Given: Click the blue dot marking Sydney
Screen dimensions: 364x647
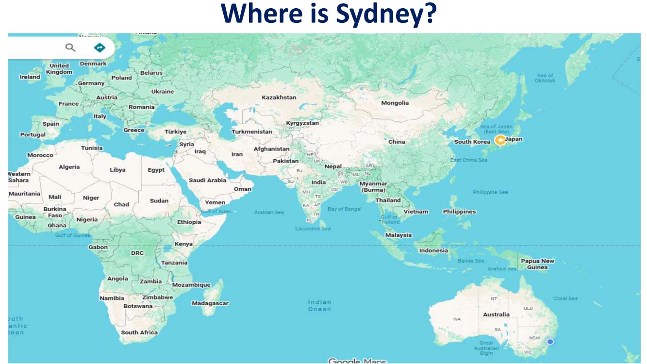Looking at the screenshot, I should tap(550, 342).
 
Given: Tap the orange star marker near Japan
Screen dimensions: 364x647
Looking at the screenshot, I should tap(500, 140).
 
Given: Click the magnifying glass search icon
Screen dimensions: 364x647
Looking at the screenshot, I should tap(70, 47).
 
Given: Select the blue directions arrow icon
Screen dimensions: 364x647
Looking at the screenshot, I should tap(100, 47).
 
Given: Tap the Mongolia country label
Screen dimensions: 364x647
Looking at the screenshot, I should tap(395, 103).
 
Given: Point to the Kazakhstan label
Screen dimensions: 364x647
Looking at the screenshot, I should tap(279, 98).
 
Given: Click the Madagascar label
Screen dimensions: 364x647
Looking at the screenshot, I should tap(210, 303).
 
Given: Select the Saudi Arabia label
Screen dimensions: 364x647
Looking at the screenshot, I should tap(207, 180).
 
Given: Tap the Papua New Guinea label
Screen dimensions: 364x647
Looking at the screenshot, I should tap(537, 264).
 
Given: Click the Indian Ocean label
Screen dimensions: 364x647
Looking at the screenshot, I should tap(319, 305).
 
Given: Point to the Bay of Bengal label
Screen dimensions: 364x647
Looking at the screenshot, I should tap(345, 209).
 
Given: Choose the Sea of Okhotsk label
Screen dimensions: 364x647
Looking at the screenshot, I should tap(545, 78).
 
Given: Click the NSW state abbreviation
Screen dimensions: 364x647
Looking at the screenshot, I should tap(534, 338).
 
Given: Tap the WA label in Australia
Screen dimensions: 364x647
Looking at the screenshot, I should tap(457, 319).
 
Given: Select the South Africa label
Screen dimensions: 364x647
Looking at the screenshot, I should tap(139, 332).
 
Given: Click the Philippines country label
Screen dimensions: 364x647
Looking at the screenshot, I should tap(459, 212).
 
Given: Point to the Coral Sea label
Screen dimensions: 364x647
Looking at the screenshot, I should tap(566, 298).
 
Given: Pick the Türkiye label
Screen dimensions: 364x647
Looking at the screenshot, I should tap(175, 132).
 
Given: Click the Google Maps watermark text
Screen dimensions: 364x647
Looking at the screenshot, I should tap(357, 361).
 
